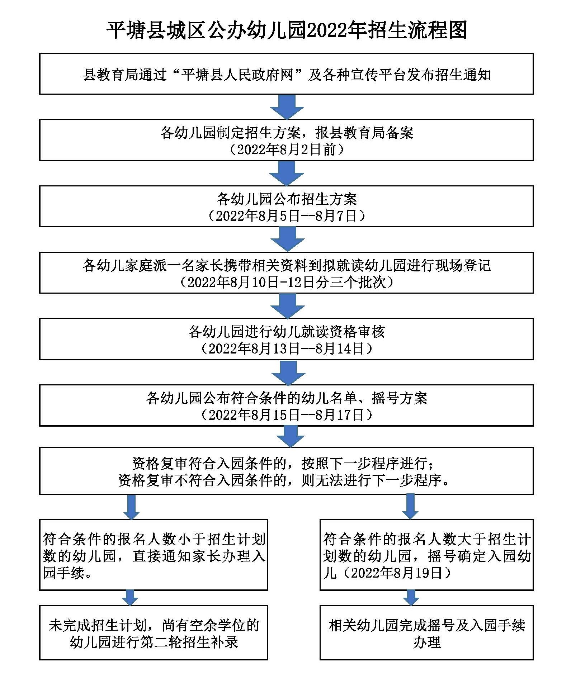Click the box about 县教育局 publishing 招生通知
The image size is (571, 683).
[x=287, y=74]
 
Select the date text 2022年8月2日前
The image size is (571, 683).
[x=287, y=150]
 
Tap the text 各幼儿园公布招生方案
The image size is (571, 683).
[x=287, y=199]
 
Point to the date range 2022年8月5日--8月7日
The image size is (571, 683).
[x=287, y=216]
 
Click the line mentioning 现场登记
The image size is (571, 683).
[x=287, y=266]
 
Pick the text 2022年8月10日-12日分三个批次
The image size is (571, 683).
[x=287, y=283]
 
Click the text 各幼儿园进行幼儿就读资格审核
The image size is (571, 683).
[x=287, y=332]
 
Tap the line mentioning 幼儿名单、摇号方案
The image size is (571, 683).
[x=287, y=398]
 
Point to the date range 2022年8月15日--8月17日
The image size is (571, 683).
[x=287, y=415]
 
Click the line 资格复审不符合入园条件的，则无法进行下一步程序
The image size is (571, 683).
[x=284, y=480]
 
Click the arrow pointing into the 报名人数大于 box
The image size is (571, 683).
[x=410, y=507]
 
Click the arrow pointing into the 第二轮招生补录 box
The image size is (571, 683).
[x=130, y=598]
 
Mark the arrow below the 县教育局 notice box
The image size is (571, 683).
[x=287, y=107]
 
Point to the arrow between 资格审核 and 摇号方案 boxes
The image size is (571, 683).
[x=288, y=372]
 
